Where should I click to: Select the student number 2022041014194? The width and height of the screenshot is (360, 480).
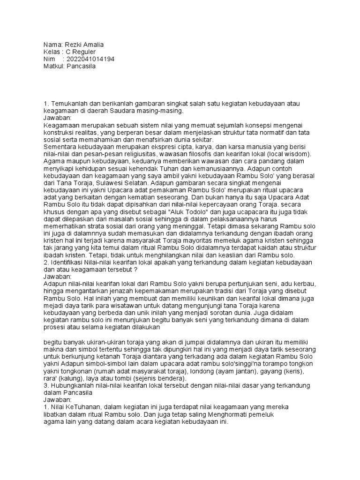(90, 59)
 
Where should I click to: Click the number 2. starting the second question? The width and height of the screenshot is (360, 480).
(45, 263)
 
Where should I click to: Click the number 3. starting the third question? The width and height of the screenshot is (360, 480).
(45, 386)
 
